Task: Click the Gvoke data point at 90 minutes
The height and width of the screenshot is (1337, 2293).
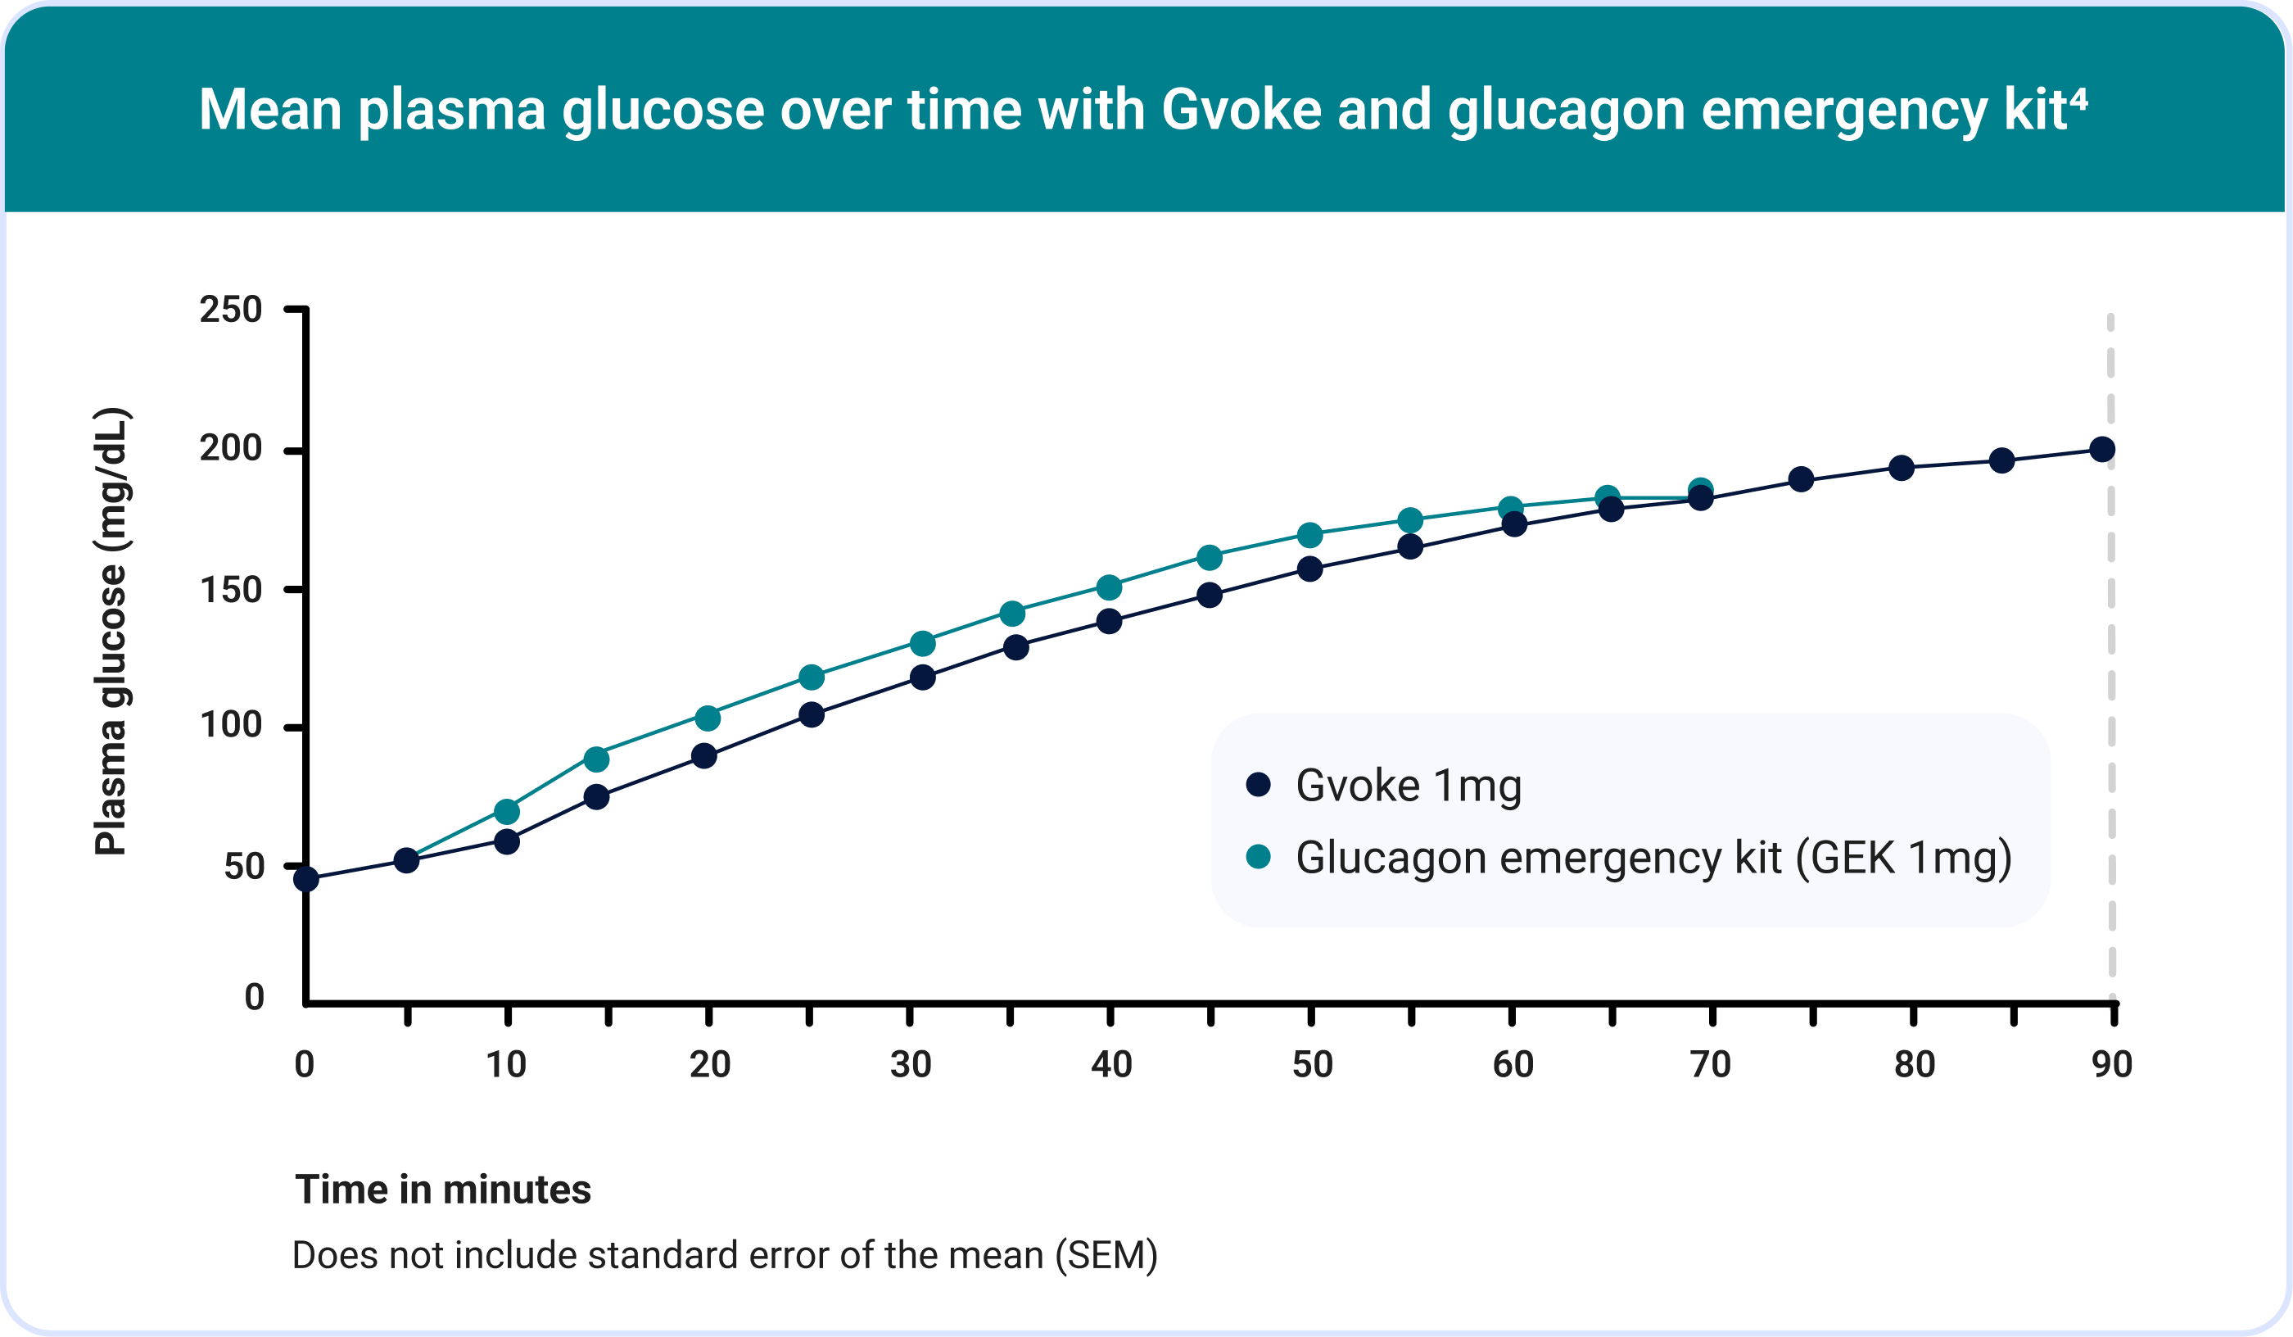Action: (2102, 449)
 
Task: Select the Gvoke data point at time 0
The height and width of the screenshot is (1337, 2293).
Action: (306, 878)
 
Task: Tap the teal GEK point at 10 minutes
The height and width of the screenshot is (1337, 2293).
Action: (507, 810)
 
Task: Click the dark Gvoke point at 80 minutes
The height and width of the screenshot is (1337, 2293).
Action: (1901, 468)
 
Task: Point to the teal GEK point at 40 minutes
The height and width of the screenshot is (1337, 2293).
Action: (1109, 587)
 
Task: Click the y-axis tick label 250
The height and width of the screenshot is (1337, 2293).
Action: (230, 310)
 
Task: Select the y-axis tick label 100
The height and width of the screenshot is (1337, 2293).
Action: (230, 724)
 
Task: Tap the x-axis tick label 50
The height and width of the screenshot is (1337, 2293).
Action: (1311, 1064)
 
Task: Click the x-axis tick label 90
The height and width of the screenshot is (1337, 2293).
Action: (2112, 1064)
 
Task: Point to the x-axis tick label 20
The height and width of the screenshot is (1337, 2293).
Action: (709, 1064)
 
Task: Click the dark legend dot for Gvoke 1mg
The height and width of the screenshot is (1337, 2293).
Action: (1258, 784)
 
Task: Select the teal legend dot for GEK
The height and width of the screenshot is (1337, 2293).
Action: (1258, 855)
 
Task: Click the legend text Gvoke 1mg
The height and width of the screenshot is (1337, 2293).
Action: (1408, 786)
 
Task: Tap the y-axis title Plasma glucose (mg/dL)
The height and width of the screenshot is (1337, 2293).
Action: (112, 632)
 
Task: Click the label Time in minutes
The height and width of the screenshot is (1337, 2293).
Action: (443, 1190)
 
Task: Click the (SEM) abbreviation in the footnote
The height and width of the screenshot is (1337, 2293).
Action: (1106, 1255)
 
